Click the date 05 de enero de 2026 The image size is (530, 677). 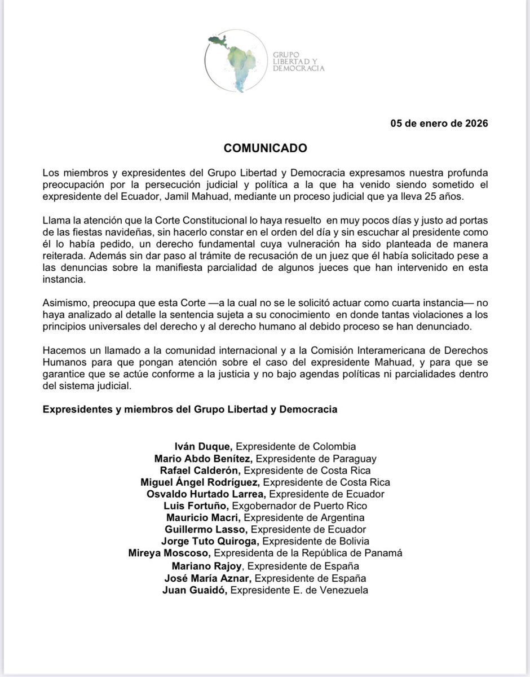coord(439,124)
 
